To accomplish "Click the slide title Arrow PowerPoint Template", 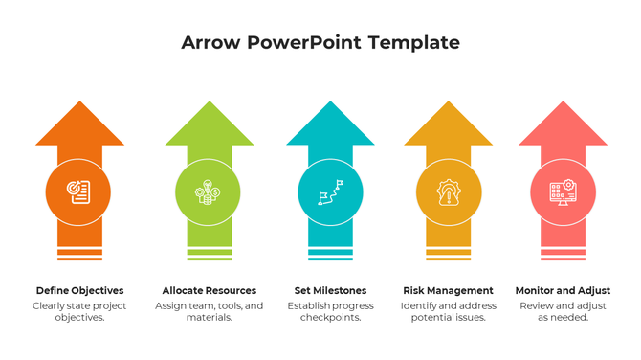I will (x=320, y=43).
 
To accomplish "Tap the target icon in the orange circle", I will (x=78, y=191).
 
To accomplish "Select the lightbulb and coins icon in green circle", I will (x=208, y=191).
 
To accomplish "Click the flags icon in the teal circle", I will (x=330, y=191).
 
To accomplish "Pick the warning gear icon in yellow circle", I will (x=448, y=191).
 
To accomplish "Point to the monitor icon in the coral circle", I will (x=562, y=191).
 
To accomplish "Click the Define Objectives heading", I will (x=79, y=290).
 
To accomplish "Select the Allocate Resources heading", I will (x=209, y=290).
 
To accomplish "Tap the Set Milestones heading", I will (x=330, y=290).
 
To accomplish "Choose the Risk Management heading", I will (x=448, y=290).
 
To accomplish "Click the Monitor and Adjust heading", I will (x=563, y=290).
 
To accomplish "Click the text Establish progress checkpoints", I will (x=330, y=311).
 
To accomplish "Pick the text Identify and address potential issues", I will (x=448, y=311).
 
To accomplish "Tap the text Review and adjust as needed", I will (x=563, y=311).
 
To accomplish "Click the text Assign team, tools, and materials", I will (x=209, y=311).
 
